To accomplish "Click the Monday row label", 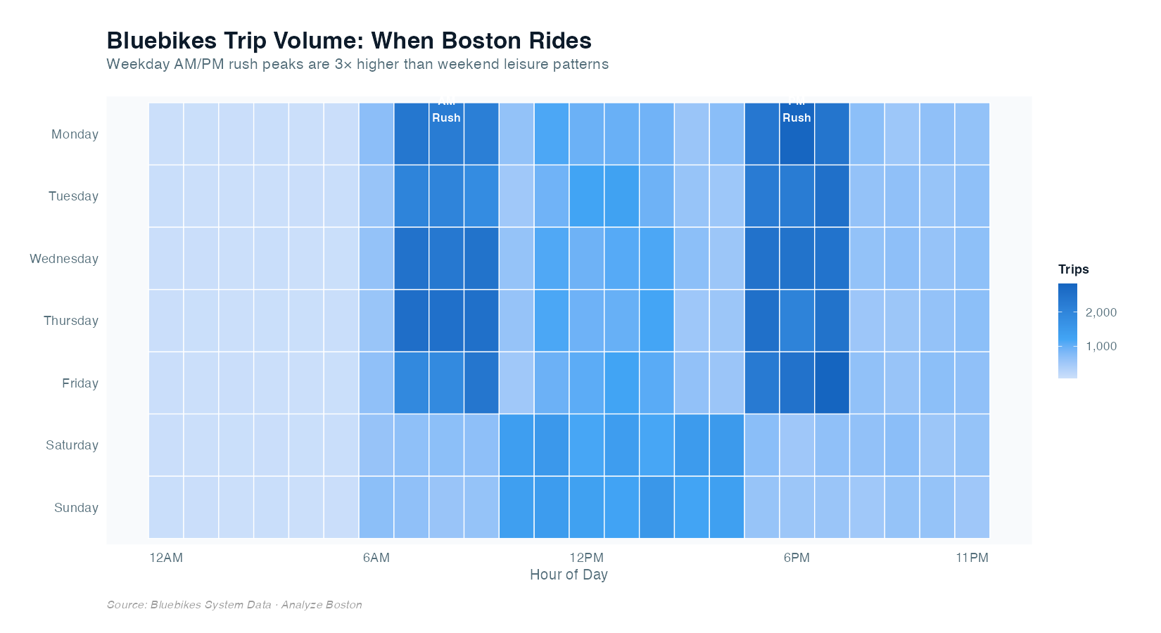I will (75, 134).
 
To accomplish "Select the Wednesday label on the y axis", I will (64, 259).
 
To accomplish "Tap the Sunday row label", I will (76, 508).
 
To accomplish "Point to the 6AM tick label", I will (376, 558).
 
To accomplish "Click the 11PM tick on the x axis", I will (972, 558).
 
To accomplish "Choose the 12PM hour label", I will (586, 558).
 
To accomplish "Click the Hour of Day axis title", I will (569, 575).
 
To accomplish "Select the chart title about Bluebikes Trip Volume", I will (349, 40).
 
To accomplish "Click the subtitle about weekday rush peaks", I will (357, 64).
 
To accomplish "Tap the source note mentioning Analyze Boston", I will (234, 605).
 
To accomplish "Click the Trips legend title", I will (1073, 269).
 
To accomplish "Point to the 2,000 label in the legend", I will (1101, 312).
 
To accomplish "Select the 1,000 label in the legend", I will (1101, 346).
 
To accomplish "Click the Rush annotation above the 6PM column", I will (797, 117).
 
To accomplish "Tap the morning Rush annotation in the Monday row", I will (446, 117).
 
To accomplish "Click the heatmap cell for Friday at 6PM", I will (797, 383).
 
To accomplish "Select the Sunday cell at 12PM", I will (586, 507).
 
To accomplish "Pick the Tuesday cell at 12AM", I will (166, 196).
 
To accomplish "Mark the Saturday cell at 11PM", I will (972, 445).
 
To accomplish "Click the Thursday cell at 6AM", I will (376, 321).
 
